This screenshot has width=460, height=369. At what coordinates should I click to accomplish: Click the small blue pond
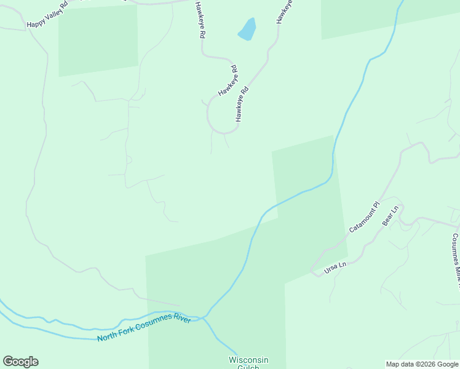coord(247,29)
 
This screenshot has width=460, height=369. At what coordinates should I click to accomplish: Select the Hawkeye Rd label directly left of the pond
coord(199,20)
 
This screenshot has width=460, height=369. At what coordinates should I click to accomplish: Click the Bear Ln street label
coord(391,216)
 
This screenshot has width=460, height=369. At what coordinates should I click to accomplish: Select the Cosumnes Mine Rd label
coord(456,258)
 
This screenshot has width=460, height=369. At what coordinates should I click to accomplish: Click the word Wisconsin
coord(248,360)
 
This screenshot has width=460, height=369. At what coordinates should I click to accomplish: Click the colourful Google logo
coord(20,362)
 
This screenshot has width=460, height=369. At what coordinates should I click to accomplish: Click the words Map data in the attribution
coord(399,364)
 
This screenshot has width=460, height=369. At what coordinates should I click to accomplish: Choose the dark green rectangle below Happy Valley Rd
coord(98,41)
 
